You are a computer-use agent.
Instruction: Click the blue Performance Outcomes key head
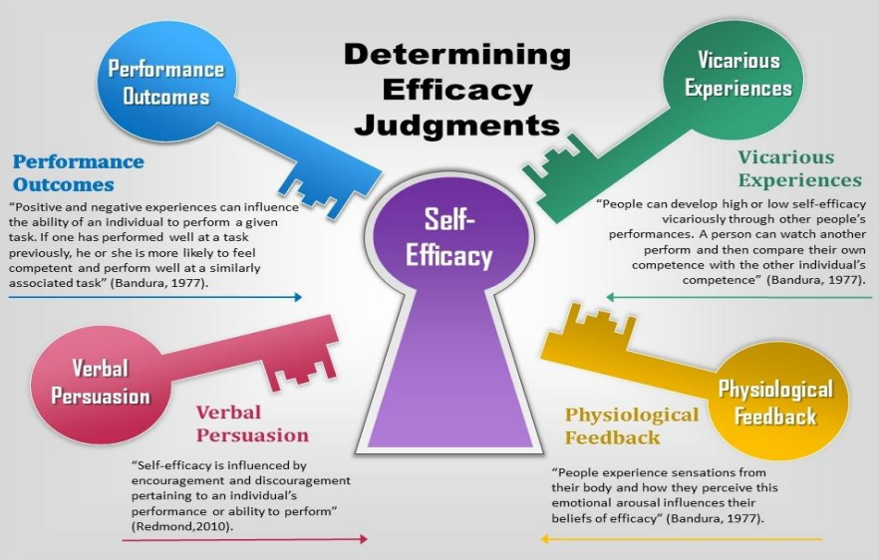point(166,83)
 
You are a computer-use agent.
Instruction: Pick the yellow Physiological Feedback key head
point(777,402)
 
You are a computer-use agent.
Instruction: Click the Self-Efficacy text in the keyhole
point(448,237)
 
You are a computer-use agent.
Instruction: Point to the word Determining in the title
point(457,55)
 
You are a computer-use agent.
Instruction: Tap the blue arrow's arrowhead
point(298,297)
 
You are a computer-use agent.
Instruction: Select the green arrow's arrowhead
point(611,297)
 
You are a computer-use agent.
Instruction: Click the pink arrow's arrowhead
point(363,539)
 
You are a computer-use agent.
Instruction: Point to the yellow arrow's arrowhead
point(544,539)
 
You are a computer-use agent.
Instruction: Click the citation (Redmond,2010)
point(182,526)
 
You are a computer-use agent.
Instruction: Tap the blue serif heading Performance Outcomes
point(78,172)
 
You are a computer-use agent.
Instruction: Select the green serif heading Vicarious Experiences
point(799,168)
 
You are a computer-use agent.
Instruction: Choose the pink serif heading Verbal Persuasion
point(252,423)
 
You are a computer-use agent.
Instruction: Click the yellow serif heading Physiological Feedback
point(632,425)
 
